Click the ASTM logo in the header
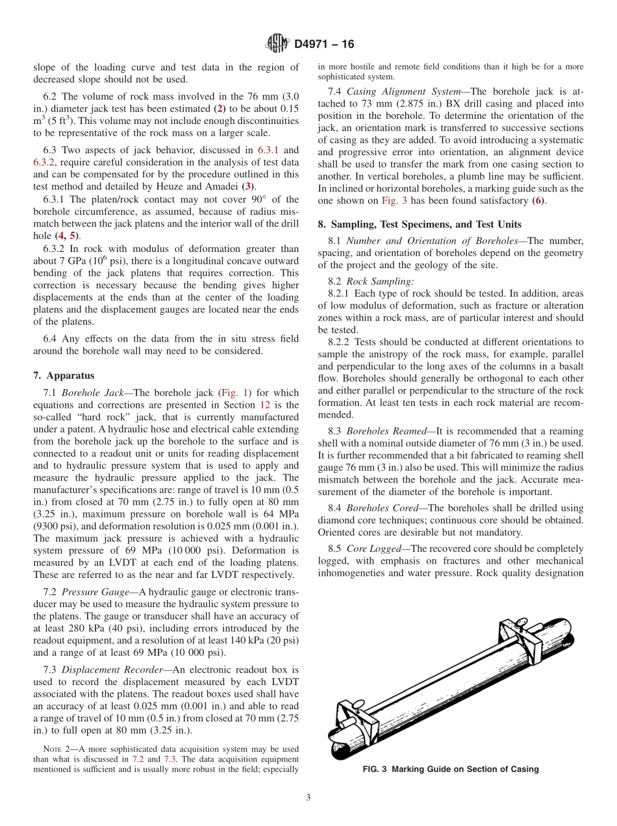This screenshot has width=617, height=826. click(277, 44)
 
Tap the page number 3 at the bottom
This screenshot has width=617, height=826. click(308, 798)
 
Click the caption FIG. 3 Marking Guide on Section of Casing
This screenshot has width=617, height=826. click(451, 770)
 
